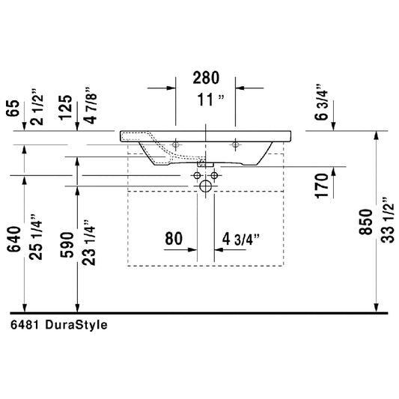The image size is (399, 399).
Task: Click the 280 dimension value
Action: [x=206, y=78]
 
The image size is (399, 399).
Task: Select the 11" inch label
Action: [x=211, y=100]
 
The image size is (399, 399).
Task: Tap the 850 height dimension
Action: [x=366, y=222]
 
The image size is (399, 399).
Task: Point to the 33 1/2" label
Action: [x=388, y=220]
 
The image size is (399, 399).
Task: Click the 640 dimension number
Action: [x=13, y=240]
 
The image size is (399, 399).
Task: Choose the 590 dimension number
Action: [x=67, y=245]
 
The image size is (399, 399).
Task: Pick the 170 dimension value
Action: [x=322, y=186]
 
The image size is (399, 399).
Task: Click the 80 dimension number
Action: [x=174, y=239]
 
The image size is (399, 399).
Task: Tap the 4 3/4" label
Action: [x=241, y=240]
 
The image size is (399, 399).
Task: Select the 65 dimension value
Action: [x=13, y=109]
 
